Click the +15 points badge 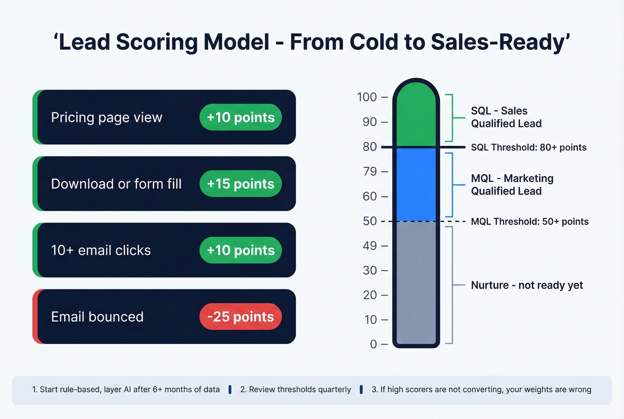[x=240, y=184]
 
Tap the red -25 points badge [x=240, y=317]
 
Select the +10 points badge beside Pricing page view [x=240, y=117]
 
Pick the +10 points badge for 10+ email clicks [x=240, y=250]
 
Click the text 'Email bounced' [x=97, y=317]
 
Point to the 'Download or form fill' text [x=116, y=184]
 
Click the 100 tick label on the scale [x=367, y=97]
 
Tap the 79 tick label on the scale [x=369, y=171]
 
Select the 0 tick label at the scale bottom [x=373, y=344]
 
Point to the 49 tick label [x=369, y=245]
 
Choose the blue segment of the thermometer [x=416, y=184]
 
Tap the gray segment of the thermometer [x=416, y=281]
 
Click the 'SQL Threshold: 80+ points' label [x=529, y=147]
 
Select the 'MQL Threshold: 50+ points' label [x=530, y=221]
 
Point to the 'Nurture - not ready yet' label [x=527, y=285]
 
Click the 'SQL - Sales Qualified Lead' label [x=506, y=117]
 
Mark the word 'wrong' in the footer [x=579, y=390]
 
